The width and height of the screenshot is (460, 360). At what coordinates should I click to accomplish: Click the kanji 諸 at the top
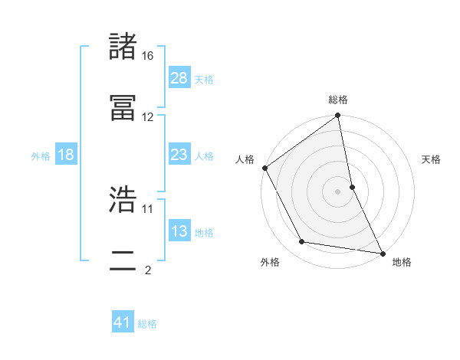coord(123,47)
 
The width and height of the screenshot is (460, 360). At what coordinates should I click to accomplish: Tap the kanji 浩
coord(123,200)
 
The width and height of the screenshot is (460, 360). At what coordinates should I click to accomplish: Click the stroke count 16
coord(148,56)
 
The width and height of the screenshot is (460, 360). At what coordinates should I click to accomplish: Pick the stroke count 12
coord(148,117)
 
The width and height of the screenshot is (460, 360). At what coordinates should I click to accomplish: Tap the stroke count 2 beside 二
coord(148,270)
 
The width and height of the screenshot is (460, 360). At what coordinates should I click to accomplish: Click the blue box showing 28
coord(179,78)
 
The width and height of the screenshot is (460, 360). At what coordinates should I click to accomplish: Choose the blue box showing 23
coord(179,155)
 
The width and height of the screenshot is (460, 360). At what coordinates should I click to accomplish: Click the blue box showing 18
coord(66,155)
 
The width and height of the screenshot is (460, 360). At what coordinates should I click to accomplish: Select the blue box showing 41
coord(123,323)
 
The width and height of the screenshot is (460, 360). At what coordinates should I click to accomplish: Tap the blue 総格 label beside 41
coord(147,324)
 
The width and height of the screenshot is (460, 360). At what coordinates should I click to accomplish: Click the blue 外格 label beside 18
coord(41,155)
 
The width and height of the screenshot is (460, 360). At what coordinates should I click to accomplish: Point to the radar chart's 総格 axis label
coord(338,100)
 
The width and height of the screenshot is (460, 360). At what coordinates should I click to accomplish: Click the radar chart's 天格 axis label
coord(432,159)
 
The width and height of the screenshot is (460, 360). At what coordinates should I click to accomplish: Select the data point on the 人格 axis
coord(265,168)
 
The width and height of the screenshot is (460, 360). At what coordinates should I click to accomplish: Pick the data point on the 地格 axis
coord(383,253)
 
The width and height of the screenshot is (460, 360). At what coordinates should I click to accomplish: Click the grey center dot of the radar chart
coord(338,191)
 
